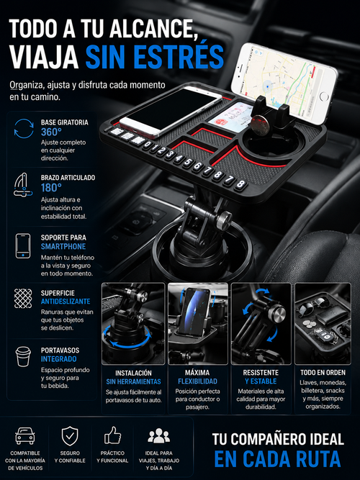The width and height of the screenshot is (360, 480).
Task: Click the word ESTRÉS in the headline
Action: (179, 57)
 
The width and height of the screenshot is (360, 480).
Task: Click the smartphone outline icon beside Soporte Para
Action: (23, 246)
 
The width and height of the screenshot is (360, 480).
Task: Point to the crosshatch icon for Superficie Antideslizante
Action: (23, 298)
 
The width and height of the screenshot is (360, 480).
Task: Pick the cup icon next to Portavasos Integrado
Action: (23, 356)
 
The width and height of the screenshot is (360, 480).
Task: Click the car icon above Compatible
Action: (25, 435)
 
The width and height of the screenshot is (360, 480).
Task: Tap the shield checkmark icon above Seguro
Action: (70, 436)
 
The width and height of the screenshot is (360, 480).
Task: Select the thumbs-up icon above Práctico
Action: (113, 435)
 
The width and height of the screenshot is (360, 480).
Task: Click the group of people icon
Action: (158, 435)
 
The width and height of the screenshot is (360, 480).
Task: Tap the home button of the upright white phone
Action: (324, 96)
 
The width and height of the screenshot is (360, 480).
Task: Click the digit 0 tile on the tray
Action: (148, 144)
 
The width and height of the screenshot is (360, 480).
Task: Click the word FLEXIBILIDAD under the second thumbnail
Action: (197, 381)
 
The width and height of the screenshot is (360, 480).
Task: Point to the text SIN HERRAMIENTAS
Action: (133, 381)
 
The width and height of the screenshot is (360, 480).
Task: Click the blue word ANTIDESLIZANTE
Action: (66, 302)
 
